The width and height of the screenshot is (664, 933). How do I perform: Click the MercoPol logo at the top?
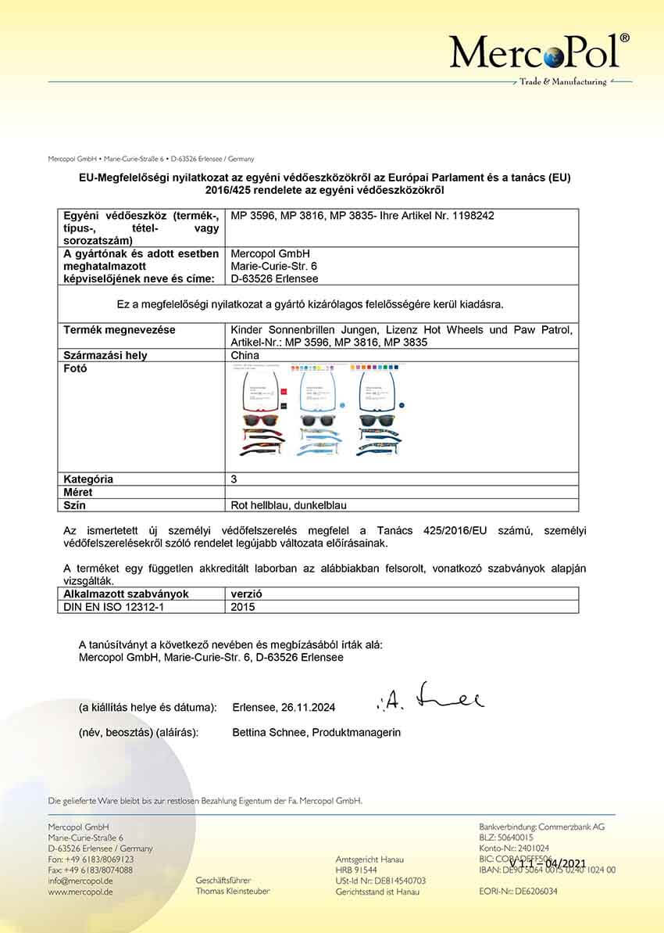click(539, 53)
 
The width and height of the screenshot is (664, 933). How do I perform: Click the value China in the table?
click(245, 356)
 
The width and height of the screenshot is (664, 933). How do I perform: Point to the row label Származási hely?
click(105, 356)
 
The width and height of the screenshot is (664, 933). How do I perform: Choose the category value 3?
click(235, 479)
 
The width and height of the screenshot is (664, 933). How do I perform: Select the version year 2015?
click(245, 606)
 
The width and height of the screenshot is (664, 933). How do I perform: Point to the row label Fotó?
click(75, 368)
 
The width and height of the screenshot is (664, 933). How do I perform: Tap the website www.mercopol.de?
click(80, 892)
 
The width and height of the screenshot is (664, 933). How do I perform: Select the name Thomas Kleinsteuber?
click(233, 892)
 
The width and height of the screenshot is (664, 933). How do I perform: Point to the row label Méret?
click(78, 492)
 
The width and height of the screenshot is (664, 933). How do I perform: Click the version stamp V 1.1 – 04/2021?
click(547, 863)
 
